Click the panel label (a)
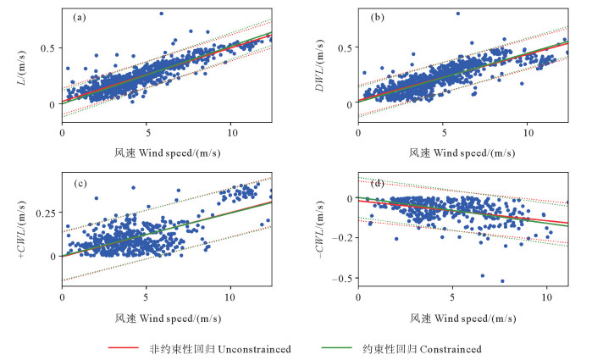point(80,18)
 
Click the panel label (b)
point(377,18)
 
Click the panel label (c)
point(80,184)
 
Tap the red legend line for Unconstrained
point(124,347)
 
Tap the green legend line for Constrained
point(337,347)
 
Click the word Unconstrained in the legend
point(254,349)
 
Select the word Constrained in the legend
point(451,349)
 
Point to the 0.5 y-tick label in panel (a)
point(47,48)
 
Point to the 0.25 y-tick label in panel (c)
point(46,213)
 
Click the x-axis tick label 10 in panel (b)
point(528,133)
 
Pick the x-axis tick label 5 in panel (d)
point(452,297)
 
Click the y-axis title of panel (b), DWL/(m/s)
point(319,65)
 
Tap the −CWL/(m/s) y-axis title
point(320,230)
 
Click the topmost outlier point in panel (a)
point(161,14)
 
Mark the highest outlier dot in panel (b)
point(458,14)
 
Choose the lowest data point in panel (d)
point(502,281)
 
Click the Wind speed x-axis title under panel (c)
point(168,318)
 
